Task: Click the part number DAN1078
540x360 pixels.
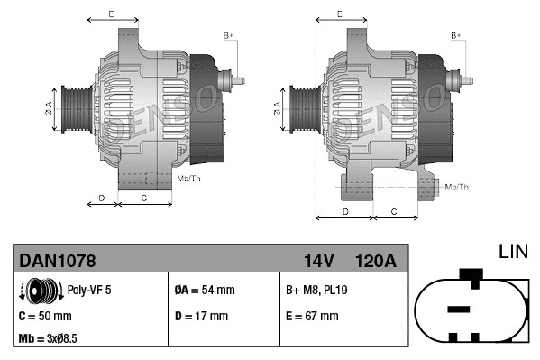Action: point(58,261)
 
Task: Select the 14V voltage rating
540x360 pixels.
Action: point(318,261)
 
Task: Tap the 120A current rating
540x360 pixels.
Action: point(375,261)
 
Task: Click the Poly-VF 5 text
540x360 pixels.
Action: point(90,291)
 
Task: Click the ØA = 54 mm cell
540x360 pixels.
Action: point(204,291)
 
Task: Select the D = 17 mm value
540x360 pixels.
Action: point(200,316)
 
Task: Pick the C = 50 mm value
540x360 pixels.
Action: point(46,316)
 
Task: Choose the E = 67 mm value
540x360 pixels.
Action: point(311,316)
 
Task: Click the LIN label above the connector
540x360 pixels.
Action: point(513,250)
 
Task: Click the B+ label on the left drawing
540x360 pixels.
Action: point(229,34)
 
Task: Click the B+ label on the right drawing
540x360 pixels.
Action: point(456,34)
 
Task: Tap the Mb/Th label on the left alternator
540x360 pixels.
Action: point(189,179)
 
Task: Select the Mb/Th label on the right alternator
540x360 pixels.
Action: point(457,187)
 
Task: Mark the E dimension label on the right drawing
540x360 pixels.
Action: point(339,14)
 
